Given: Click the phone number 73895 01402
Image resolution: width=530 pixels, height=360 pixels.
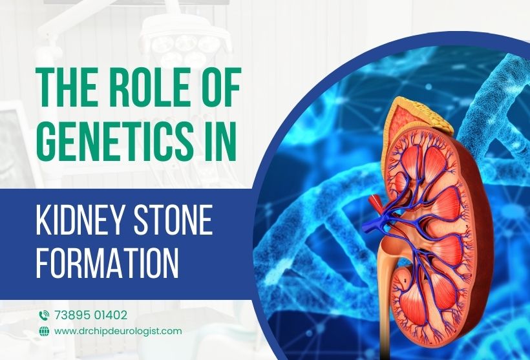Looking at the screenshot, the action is (90, 315).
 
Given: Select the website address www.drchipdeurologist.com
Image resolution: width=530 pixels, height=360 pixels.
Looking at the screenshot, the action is (118, 331).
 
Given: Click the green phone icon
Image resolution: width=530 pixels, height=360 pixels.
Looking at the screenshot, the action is (44, 315).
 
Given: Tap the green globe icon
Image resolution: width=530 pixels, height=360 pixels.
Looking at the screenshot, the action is (44, 331).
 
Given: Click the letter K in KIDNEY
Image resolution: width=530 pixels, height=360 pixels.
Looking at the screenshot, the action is (43, 220).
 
